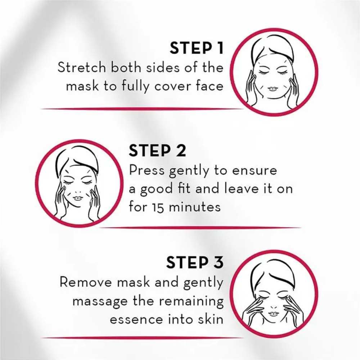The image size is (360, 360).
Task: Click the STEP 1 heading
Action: tap(196, 49)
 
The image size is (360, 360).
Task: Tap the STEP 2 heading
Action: tap(157, 151)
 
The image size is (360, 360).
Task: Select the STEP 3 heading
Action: tap(194, 263)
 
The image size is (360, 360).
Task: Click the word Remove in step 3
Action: tap(86, 282)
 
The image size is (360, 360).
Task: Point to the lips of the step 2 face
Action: tap(77, 198)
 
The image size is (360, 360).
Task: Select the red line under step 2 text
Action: tap(200, 228)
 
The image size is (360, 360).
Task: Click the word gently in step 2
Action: tap(184, 171)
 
